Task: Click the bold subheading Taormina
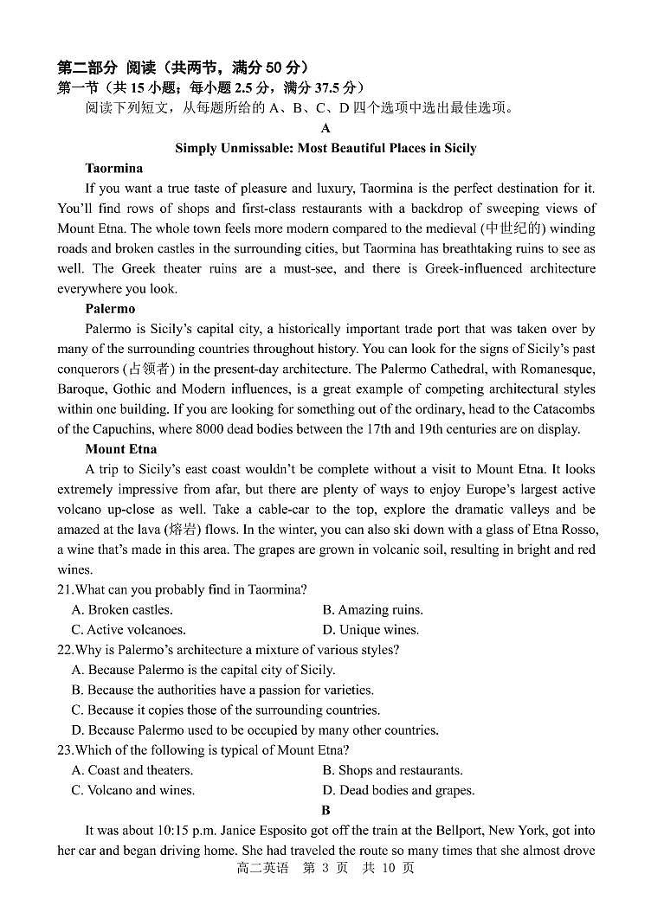(x=113, y=168)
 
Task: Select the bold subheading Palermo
(x=110, y=308)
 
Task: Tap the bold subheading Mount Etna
(x=120, y=449)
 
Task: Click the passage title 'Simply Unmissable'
(x=325, y=148)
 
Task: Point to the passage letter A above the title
(x=325, y=128)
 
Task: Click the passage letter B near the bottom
(x=325, y=810)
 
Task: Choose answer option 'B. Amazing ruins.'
(x=372, y=610)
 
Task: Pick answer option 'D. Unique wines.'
(x=371, y=630)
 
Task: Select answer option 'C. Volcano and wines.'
(x=132, y=790)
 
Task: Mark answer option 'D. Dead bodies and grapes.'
(x=398, y=790)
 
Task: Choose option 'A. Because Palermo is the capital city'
(x=203, y=670)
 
